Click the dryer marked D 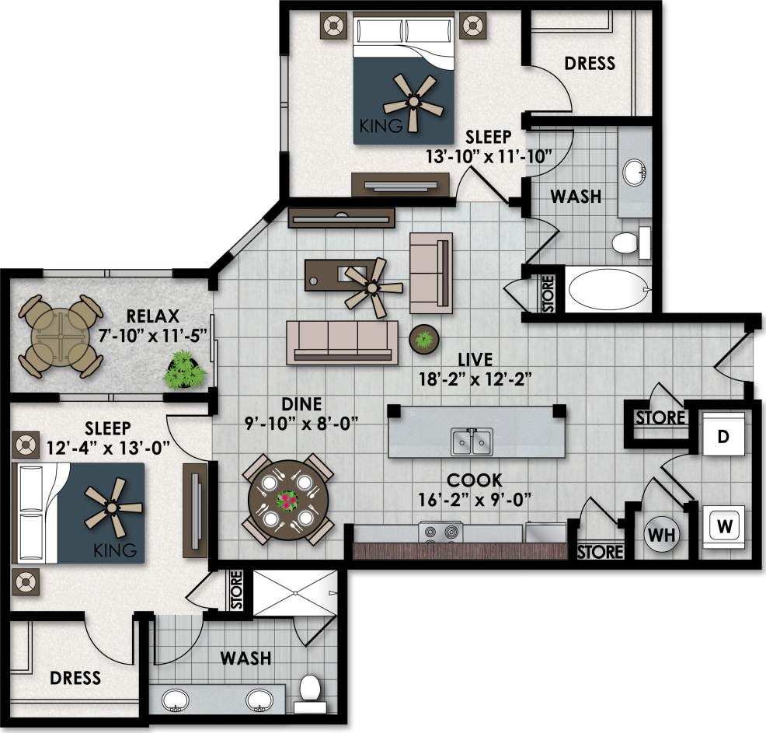pos(722,437)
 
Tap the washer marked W pos(725,525)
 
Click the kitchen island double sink pos(472,442)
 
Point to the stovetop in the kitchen pos(440,533)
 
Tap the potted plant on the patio pos(185,369)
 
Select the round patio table pos(61,336)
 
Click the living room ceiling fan pos(374,287)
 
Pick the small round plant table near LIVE pos(424,339)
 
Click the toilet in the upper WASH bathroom pos(628,243)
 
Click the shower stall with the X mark pos(295,594)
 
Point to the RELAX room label pos(153,316)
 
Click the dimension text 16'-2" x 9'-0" pos(473,499)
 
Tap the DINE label pos(302,404)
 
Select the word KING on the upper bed pos(381,125)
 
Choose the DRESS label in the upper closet pos(590,63)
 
